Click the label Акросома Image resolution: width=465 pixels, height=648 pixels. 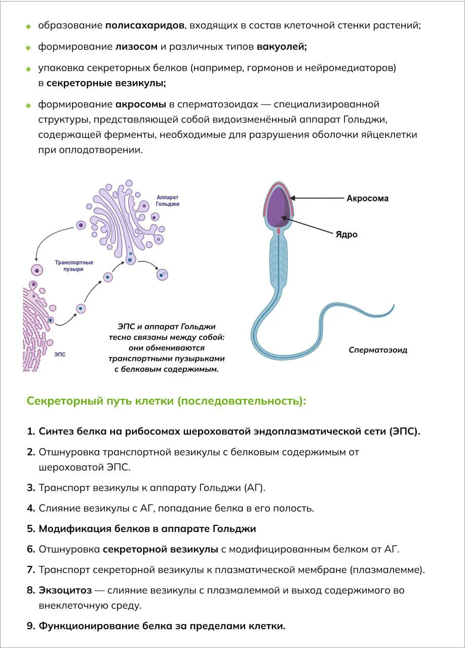367,198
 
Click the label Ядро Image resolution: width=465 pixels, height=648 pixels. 346,234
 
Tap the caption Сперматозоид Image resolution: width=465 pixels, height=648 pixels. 378,350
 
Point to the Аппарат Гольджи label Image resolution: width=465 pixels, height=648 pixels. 168,200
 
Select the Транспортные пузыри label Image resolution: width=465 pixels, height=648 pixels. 74,266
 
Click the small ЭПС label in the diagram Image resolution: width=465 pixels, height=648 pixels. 60,354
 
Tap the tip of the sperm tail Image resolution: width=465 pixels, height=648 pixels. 394,305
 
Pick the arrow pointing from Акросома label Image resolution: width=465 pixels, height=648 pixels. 317,198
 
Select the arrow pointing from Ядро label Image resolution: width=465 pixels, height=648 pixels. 307,225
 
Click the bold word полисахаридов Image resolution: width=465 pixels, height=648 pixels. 144,26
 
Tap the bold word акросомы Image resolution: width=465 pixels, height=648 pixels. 141,104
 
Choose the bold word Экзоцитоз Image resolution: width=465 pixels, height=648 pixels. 65,590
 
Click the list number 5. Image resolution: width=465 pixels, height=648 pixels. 31,529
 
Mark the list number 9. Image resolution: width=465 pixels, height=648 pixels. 31,626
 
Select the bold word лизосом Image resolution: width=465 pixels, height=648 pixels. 136,47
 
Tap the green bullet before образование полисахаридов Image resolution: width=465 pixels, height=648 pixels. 28,27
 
